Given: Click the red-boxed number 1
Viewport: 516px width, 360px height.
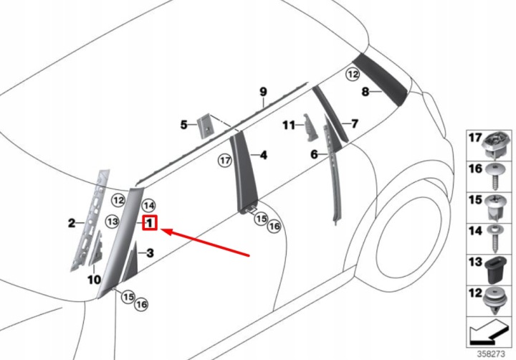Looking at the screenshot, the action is [150, 223].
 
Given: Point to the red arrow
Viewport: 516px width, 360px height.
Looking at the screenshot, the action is [205, 242].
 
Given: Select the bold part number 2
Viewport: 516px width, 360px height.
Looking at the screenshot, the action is [72, 223].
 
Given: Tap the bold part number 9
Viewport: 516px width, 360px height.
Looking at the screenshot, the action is [263, 92].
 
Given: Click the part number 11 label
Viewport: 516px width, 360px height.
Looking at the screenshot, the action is [289, 125].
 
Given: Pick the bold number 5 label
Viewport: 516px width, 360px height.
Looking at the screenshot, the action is [184, 125].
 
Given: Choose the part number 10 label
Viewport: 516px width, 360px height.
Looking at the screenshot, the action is [94, 280].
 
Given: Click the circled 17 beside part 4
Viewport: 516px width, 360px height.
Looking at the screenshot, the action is [225, 161].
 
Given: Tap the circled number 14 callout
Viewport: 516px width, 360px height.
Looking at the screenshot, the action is [148, 206].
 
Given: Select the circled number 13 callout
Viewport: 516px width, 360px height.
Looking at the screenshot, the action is [113, 222].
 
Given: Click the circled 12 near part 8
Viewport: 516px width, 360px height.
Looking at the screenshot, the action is [353, 75].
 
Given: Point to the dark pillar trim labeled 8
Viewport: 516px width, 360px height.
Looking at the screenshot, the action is [380, 79].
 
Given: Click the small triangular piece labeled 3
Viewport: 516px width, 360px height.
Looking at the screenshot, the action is [131, 262].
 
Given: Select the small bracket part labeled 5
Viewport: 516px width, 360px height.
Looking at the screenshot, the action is [205, 126].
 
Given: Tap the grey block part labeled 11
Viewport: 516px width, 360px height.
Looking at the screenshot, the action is [310, 128].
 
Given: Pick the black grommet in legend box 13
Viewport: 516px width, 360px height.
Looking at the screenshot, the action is [494, 270].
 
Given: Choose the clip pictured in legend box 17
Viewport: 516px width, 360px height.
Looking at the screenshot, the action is [496, 144].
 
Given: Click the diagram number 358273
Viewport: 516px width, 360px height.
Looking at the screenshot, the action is [491, 354].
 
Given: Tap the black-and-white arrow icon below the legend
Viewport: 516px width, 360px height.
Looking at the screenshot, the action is [489, 332].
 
